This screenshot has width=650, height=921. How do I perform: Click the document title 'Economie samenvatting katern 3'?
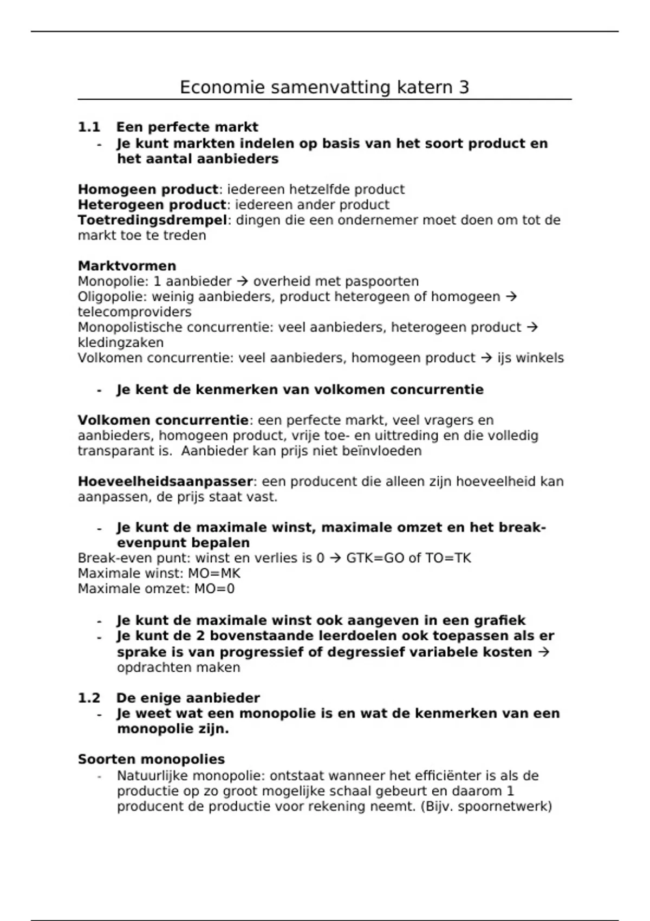(x=324, y=87)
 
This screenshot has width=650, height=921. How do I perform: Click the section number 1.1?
(x=89, y=127)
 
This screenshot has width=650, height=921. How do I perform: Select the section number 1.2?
(x=89, y=698)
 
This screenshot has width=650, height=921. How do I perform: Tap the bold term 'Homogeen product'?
(x=147, y=190)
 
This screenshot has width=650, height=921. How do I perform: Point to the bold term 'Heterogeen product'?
(x=151, y=205)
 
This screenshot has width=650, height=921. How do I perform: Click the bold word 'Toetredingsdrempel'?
(x=152, y=220)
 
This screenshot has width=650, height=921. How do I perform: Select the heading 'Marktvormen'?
(x=127, y=266)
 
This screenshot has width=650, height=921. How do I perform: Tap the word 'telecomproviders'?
(x=134, y=312)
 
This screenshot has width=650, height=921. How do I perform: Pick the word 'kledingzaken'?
(x=120, y=343)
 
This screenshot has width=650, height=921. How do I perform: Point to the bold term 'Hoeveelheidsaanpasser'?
(x=165, y=482)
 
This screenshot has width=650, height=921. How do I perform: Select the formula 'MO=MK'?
(x=214, y=574)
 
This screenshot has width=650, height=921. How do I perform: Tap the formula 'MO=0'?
(x=214, y=589)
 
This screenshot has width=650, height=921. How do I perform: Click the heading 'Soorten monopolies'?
(x=151, y=760)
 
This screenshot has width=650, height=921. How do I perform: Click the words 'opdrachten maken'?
(x=178, y=667)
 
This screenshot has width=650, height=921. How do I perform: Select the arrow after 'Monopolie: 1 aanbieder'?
(x=242, y=282)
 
